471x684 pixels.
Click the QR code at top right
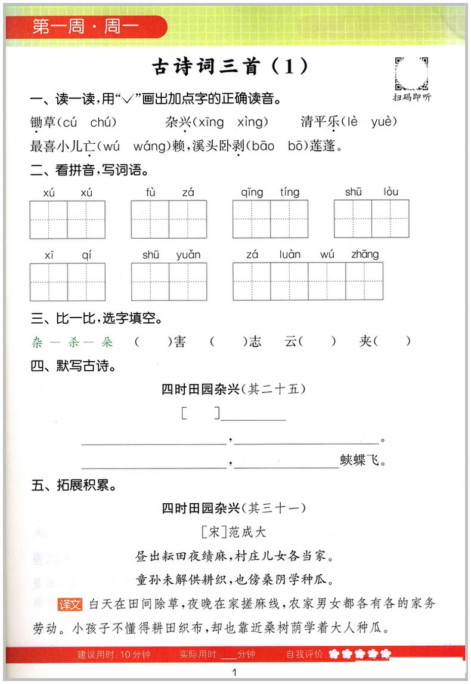point(412,73)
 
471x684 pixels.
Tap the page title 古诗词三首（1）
point(230,66)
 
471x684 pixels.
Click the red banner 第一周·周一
point(83,27)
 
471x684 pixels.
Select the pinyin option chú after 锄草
point(103,122)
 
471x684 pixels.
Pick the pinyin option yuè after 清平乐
point(384,122)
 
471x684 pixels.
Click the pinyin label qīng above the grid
point(252,192)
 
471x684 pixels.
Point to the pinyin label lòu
point(391,192)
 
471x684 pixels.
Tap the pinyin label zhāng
point(365,255)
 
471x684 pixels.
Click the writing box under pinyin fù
point(150,219)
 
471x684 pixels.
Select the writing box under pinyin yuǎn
point(188,281)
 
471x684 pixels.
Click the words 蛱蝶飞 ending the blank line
point(363,461)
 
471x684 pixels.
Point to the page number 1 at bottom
point(235,673)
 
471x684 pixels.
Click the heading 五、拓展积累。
point(74,486)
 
